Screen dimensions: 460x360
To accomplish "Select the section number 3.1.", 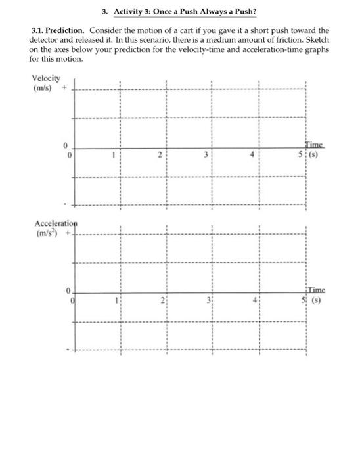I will tap(38, 30).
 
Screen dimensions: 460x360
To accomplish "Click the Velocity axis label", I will tap(45, 78).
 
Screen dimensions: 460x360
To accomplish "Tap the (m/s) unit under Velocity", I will tap(43, 87).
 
